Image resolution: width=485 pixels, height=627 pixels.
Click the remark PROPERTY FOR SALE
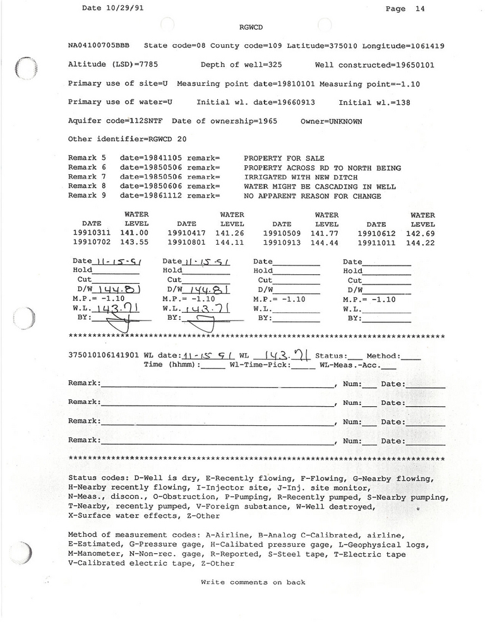(284, 158)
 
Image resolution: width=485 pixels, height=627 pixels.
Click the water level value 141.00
(136, 233)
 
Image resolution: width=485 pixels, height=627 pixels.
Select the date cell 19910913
(282, 242)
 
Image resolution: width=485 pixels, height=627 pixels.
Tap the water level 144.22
(422, 242)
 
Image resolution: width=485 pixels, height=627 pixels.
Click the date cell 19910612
(376, 233)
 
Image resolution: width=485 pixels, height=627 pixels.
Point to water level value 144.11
(232, 242)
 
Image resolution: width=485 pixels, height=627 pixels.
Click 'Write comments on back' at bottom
(253, 582)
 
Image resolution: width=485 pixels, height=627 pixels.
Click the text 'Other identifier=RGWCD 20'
(126, 139)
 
